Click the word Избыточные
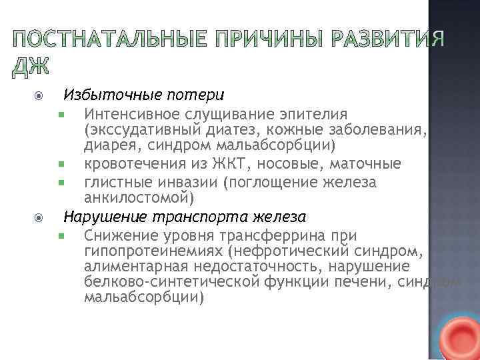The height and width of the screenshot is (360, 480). (106, 95)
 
